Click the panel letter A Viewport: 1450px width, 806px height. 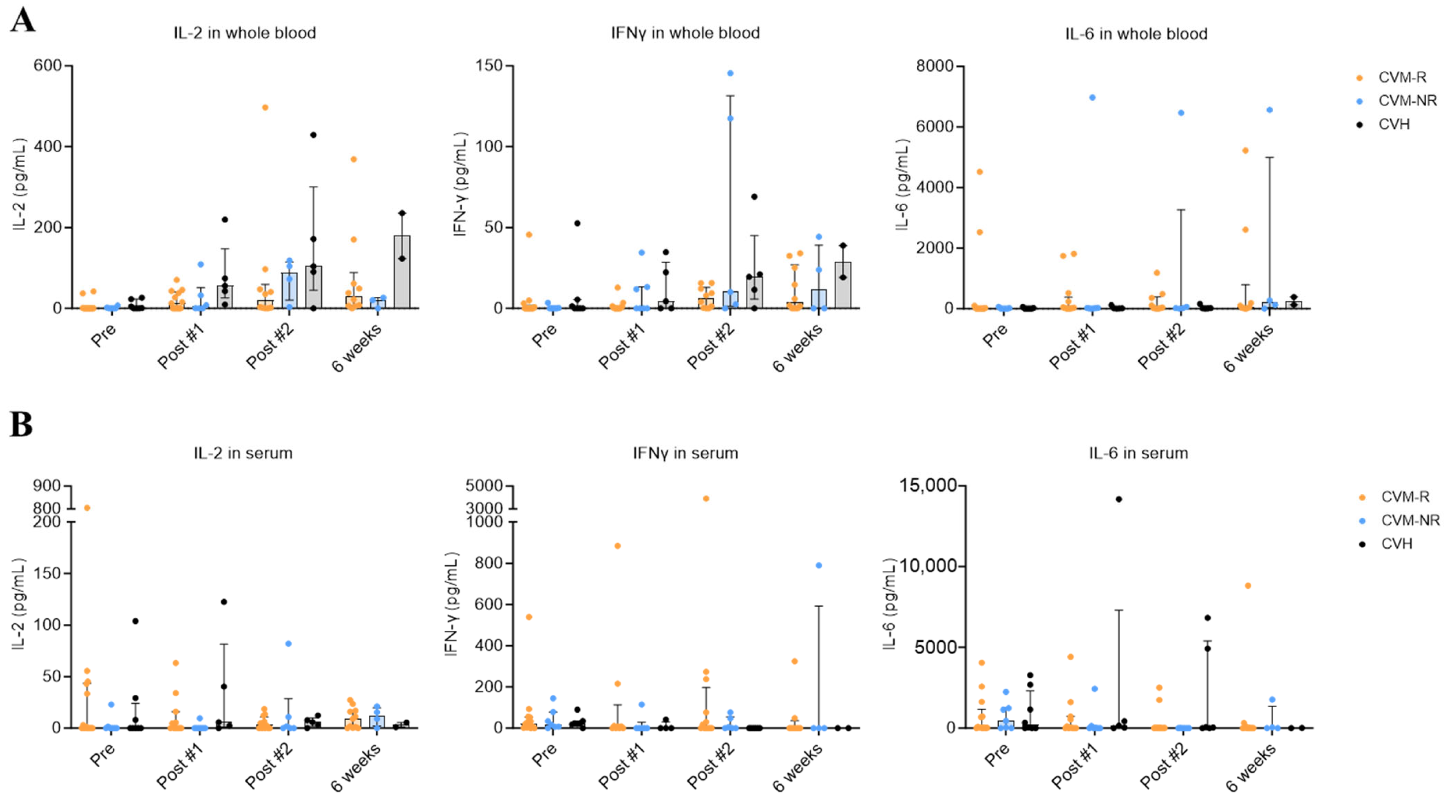23,21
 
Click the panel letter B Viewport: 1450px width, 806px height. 21,425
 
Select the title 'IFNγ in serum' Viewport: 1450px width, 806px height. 685,453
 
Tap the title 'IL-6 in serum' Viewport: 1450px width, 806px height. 1138,453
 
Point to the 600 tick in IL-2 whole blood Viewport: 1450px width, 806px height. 47,65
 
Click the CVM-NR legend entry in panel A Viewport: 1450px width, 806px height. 1407,101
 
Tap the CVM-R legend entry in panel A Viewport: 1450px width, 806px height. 1402,77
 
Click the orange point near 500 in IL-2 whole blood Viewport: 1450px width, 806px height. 265,108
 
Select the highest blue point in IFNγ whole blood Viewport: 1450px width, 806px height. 730,73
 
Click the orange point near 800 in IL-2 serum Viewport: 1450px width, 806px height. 87,508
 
